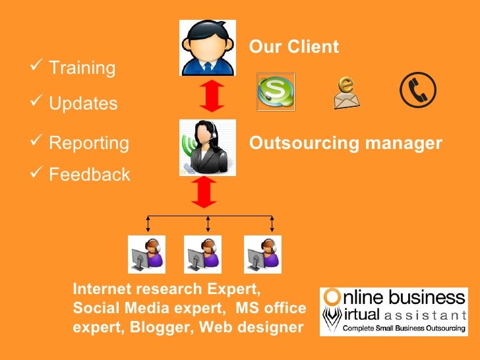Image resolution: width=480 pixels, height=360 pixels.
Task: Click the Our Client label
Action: [x=293, y=47]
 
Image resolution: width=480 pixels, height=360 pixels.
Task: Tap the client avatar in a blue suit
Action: [x=208, y=47]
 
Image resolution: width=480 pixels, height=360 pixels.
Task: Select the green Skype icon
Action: [x=275, y=92]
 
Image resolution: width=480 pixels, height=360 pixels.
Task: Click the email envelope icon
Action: [x=347, y=93]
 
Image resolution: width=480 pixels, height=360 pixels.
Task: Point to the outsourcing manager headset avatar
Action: [x=208, y=147]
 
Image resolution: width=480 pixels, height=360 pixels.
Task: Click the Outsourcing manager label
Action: [x=345, y=143]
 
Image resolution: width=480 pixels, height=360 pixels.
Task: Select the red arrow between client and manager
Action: [x=208, y=96]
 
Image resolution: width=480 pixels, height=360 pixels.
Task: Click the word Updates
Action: [x=84, y=104]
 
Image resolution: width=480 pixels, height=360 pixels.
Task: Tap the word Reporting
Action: [x=90, y=143]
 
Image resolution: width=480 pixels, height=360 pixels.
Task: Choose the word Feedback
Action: [x=90, y=175]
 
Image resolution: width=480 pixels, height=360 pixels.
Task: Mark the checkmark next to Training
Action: [x=37, y=67]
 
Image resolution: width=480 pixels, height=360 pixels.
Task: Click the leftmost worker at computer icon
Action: [x=146, y=255]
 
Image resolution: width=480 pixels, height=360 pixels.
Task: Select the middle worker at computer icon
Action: [x=204, y=255]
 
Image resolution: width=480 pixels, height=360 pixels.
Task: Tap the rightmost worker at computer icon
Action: [x=263, y=255]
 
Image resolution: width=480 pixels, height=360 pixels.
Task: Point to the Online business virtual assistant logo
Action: [x=394, y=312]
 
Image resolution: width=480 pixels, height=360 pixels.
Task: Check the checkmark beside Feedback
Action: [x=37, y=173]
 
